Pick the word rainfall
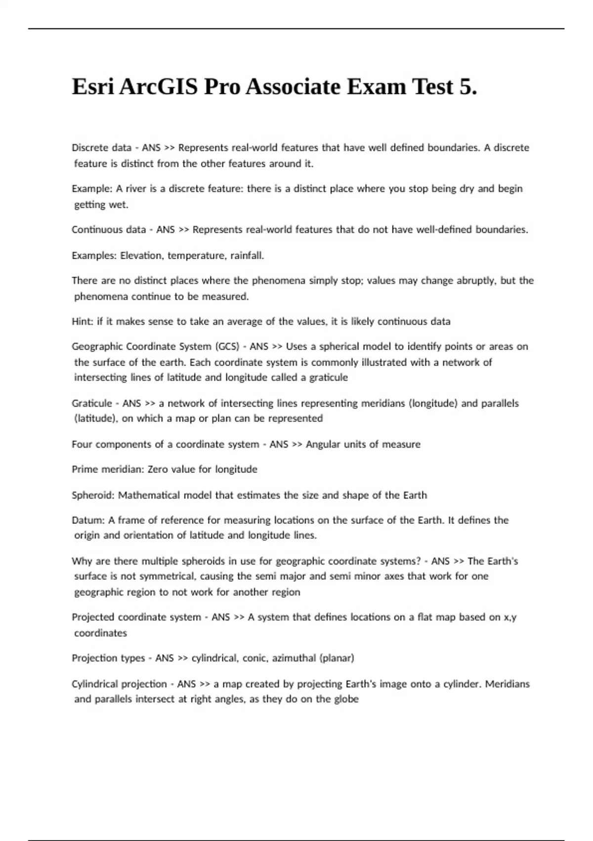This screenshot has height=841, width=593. (x=247, y=255)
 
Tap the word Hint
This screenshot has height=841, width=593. (x=82, y=322)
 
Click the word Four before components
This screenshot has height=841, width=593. (x=82, y=444)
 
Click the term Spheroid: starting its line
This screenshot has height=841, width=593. (x=93, y=495)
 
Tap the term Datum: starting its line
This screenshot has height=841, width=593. (x=87, y=520)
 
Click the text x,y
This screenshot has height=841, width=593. (x=510, y=617)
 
